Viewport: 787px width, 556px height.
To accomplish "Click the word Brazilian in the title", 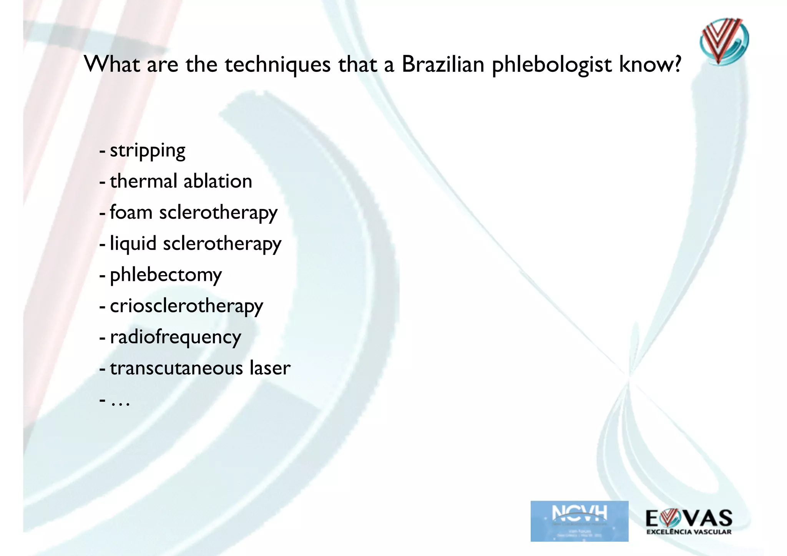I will point(443,64).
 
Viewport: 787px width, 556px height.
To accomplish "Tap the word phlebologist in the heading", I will point(551,65).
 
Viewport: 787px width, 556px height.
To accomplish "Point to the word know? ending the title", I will point(650,64).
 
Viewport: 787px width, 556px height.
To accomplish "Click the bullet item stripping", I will point(148,151).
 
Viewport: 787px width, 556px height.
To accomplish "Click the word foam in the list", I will point(131,212).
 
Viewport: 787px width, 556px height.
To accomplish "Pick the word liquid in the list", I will point(133,244).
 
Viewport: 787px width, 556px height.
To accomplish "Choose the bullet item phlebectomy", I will point(166,275).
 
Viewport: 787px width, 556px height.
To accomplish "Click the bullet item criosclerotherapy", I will point(186,306).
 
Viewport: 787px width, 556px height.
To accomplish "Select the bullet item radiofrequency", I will point(175,337).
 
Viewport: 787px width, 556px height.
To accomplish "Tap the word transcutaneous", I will point(176,368).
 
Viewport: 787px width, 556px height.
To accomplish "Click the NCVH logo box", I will point(579,521).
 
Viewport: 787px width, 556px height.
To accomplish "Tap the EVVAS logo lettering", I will point(689,518).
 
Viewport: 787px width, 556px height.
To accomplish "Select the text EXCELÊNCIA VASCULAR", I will point(689,532).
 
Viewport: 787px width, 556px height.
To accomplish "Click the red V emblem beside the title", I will point(723,41).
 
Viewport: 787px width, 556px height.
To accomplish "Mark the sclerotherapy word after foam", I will point(218,213).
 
